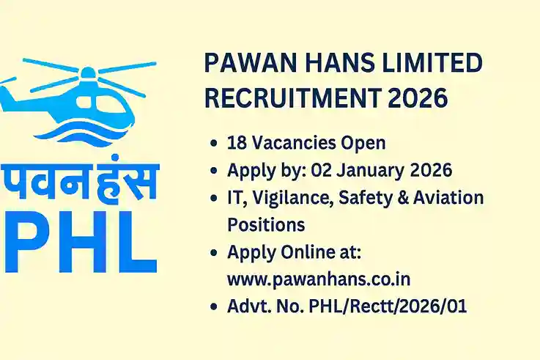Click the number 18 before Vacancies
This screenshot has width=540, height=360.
[237, 142]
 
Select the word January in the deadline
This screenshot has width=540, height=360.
[366, 170]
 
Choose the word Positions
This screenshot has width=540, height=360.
[266, 223]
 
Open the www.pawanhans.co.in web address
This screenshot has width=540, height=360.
[318, 278]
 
